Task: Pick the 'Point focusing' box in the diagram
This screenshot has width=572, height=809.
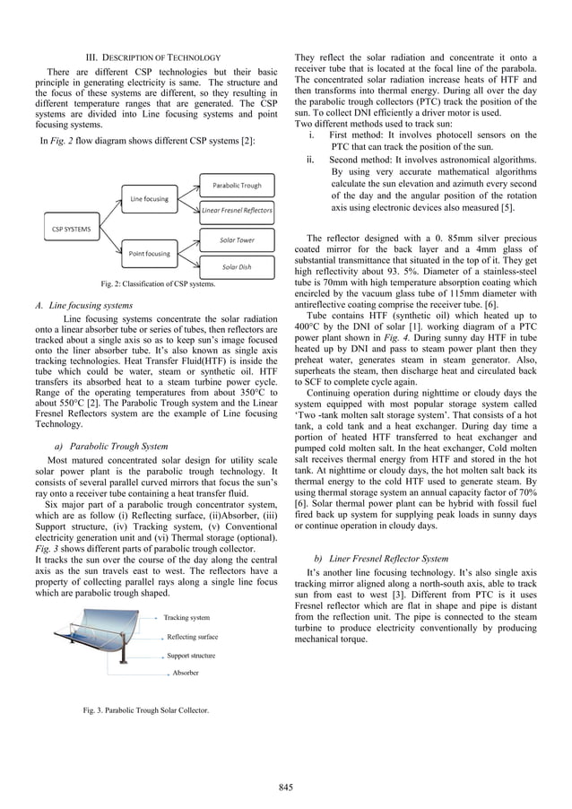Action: [147, 255]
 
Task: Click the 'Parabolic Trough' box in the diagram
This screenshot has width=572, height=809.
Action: [237, 186]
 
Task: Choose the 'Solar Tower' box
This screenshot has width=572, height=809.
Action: [237, 240]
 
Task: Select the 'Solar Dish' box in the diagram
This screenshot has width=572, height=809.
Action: [237, 267]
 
